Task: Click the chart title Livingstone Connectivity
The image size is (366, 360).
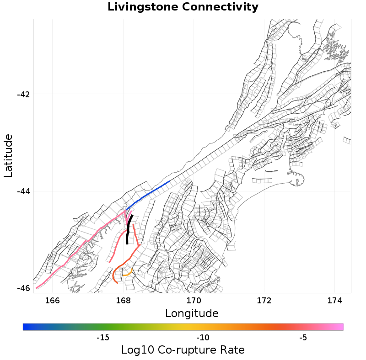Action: click(183, 7)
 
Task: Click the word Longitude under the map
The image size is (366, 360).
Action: click(192, 313)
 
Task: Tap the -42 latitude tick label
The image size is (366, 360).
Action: click(23, 95)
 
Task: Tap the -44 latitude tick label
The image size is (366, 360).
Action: click(23, 191)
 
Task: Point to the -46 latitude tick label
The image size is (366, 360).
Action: click(23, 288)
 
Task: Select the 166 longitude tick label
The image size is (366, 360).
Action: click(53, 300)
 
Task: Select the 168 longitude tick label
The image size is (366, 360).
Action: click(123, 300)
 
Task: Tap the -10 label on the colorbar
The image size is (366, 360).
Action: click(203, 338)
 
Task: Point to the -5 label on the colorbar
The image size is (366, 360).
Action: click(303, 338)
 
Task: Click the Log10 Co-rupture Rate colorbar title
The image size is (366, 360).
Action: click(183, 350)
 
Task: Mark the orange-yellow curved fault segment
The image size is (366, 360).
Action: click(128, 274)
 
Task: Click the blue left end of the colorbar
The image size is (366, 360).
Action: click(26, 327)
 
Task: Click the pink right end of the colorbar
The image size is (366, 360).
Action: click(340, 327)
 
